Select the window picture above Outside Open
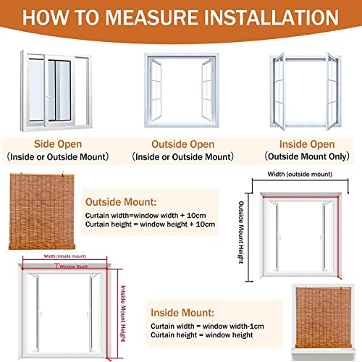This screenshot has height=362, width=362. tap(181, 82)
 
